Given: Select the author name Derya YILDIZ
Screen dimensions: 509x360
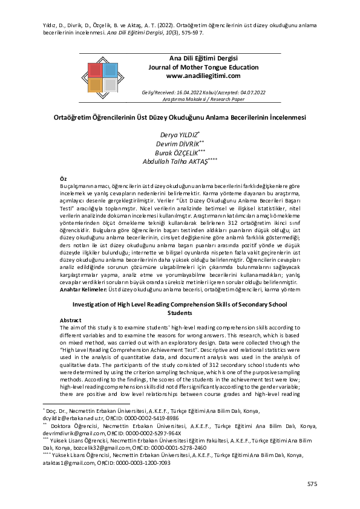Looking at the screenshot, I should (x=177, y=134).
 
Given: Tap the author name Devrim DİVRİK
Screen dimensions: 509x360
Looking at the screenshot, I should (x=177, y=143).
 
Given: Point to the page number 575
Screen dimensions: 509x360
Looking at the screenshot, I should (x=312, y=484).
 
